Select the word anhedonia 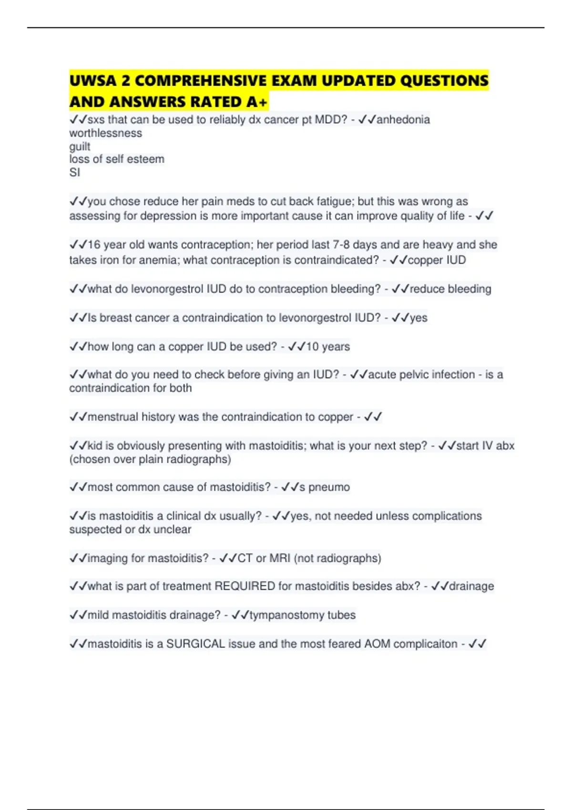(403, 120)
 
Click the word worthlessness (105, 133)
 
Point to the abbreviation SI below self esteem (75, 172)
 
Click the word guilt (80, 146)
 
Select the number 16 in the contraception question (94, 245)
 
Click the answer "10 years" (328, 346)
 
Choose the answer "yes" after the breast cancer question (419, 318)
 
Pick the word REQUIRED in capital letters (245, 586)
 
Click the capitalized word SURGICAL (195, 644)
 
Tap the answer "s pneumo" (325, 487)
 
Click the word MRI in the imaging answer (280, 558)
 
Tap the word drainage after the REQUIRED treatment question (471, 586)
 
